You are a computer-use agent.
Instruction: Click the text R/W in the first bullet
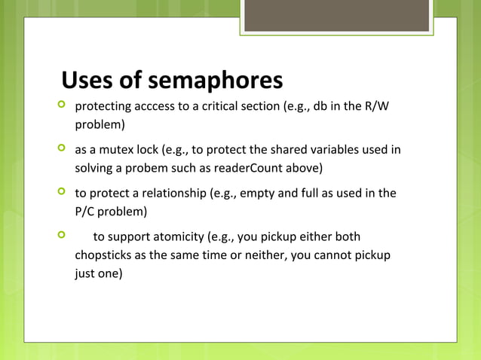click(377, 106)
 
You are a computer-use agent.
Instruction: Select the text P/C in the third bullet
click(85, 210)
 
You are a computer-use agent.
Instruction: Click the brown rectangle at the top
click(336, 15)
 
